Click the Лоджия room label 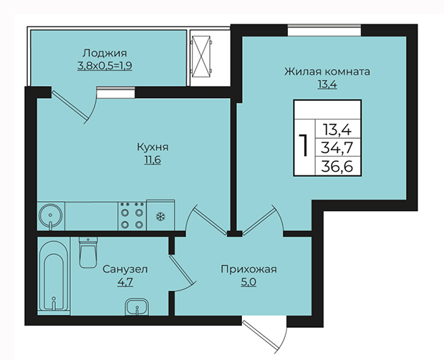[x=105, y=53]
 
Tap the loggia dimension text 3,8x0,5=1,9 [x=105, y=66]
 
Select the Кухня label [x=153, y=147]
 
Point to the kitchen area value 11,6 [x=153, y=160]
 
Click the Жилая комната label [x=327, y=72]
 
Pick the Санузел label [x=125, y=269]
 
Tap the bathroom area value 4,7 [x=125, y=282]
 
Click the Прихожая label [x=248, y=269]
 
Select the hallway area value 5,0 [x=248, y=282]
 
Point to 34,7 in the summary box [x=337, y=147]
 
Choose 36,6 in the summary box [x=337, y=167]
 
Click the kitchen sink [x=51, y=216]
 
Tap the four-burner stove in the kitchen [x=132, y=216]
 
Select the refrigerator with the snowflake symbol [x=160, y=215]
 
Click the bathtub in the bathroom [x=54, y=276]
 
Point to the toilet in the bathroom [x=88, y=253]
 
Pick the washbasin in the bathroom [x=137, y=306]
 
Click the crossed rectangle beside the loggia [x=201, y=57]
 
